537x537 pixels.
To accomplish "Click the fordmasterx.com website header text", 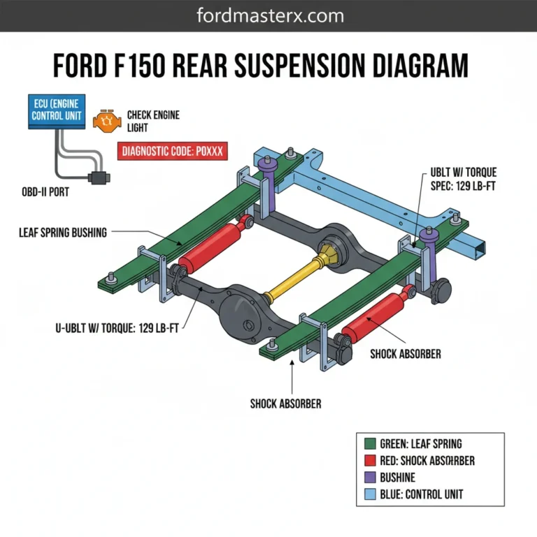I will [x=268, y=15].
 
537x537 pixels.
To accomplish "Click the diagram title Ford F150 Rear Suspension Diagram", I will [x=261, y=67].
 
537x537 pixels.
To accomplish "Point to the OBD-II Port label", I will [x=46, y=192].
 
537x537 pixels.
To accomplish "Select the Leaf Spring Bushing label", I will [x=63, y=232].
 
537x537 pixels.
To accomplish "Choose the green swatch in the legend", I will [x=371, y=444].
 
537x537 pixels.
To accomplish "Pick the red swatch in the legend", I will [x=371, y=461].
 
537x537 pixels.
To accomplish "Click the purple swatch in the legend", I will [x=371, y=478].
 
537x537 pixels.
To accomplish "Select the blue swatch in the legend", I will [x=371, y=494].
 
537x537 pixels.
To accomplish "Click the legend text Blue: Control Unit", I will [x=422, y=494].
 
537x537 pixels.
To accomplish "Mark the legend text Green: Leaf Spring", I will [x=421, y=444].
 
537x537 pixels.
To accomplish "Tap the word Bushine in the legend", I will [x=398, y=478].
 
